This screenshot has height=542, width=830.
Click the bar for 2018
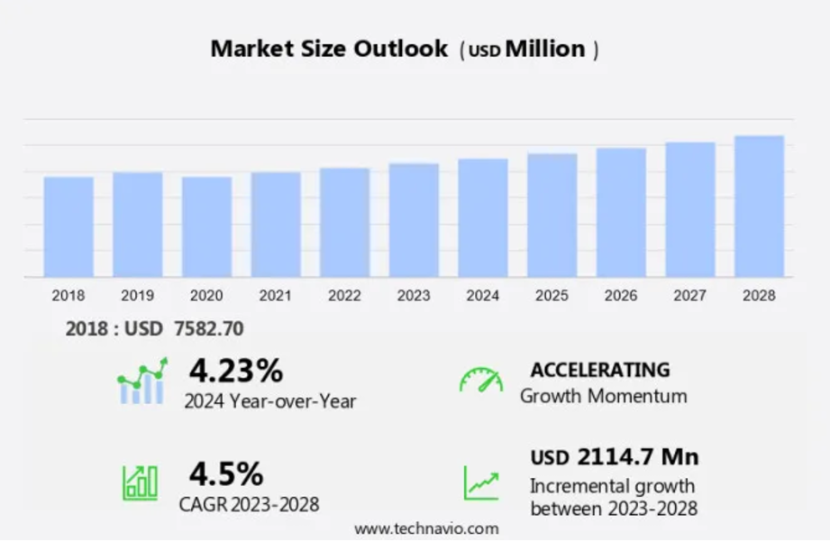click(68, 226)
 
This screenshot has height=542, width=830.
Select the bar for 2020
click(206, 226)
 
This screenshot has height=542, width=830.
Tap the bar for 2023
click(414, 220)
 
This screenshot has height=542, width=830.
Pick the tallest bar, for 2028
click(759, 207)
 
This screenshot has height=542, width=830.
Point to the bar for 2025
click(552, 216)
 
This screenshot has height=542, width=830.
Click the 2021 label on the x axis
click(276, 296)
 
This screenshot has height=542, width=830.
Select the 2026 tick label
click(621, 296)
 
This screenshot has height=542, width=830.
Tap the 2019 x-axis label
click(137, 296)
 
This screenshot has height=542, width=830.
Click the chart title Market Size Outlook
click(329, 49)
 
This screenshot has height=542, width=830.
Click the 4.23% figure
click(235, 370)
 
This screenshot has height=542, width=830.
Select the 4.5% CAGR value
click(225, 473)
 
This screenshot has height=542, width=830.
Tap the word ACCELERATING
click(600, 370)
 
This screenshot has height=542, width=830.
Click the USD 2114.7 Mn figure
click(615, 457)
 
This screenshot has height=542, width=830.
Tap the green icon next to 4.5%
click(141, 482)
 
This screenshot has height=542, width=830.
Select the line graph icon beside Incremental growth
click(481, 483)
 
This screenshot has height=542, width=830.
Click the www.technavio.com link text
click(426, 528)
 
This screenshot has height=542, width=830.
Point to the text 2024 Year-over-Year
click(269, 401)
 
